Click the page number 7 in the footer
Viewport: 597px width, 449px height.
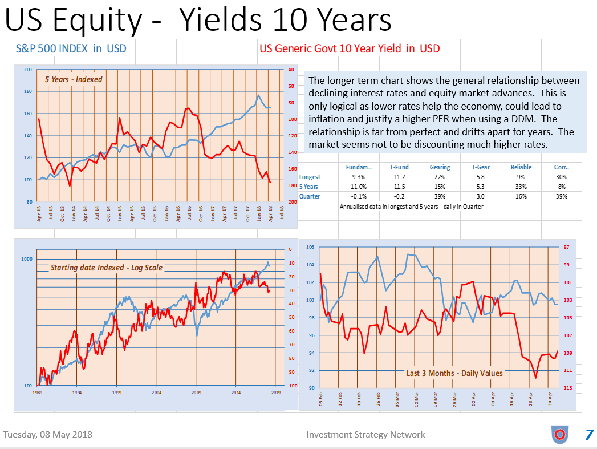tap(589, 435)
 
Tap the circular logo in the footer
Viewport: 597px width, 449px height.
tap(559, 435)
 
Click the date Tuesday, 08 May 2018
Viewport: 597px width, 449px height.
tap(48, 435)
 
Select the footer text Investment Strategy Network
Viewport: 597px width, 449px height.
tap(365, 435)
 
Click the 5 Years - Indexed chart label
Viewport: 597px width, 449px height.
tap(74, 79)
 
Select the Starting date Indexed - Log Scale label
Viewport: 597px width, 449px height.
tap(106, 268)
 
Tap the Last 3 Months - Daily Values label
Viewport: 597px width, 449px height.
tap(454, 373)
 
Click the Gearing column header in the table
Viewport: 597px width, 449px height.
tap(440, 167)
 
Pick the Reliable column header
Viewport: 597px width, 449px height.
tap(521, 167)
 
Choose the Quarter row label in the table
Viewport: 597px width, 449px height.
tap(310, 196)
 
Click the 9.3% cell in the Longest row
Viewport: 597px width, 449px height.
tap(359, 177)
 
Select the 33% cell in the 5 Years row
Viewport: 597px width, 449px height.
tap(521, 187)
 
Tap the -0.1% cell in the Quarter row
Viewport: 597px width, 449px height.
tap(359, 196)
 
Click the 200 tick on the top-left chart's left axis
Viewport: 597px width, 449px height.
tap(28, 70)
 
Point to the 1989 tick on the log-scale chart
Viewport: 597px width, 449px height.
tap(37, 393)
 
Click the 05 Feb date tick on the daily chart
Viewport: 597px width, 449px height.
tap(321, 399)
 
